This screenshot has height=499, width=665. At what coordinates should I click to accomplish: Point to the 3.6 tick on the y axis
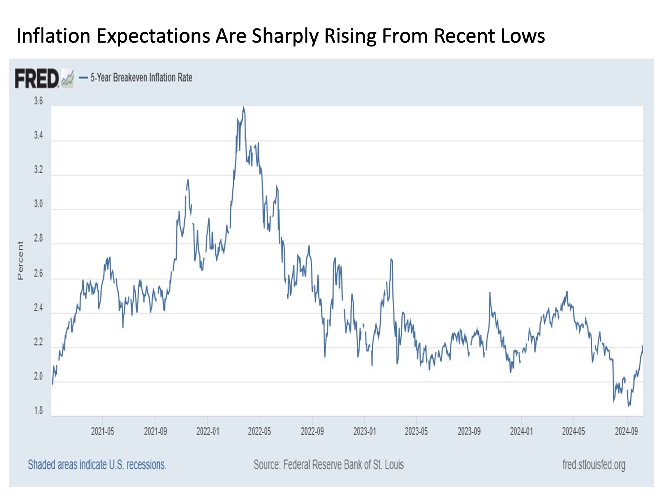38,101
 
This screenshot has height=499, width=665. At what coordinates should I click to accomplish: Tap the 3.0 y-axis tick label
38,204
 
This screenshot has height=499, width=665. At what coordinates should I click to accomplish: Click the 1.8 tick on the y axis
38,411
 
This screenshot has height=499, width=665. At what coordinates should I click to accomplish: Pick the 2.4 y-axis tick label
38,307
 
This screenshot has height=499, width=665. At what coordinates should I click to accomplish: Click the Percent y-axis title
20,261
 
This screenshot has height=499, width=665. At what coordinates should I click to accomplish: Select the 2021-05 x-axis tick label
103,431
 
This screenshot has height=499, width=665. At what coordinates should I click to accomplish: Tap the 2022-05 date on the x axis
259,431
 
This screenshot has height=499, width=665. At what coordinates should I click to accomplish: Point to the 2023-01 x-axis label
364,431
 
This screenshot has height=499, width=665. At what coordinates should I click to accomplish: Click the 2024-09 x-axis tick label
626,431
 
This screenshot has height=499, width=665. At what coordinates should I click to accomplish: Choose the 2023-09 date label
469,431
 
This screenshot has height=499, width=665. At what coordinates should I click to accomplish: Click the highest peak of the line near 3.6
244,107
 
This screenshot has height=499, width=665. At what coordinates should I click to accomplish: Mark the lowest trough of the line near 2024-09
629,406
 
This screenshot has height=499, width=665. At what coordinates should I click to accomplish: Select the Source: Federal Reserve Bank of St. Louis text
329,465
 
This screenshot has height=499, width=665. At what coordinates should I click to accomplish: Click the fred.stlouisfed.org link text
594,465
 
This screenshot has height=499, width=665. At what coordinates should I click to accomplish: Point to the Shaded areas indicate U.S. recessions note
97,465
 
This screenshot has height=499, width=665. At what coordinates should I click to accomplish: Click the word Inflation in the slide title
53,36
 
